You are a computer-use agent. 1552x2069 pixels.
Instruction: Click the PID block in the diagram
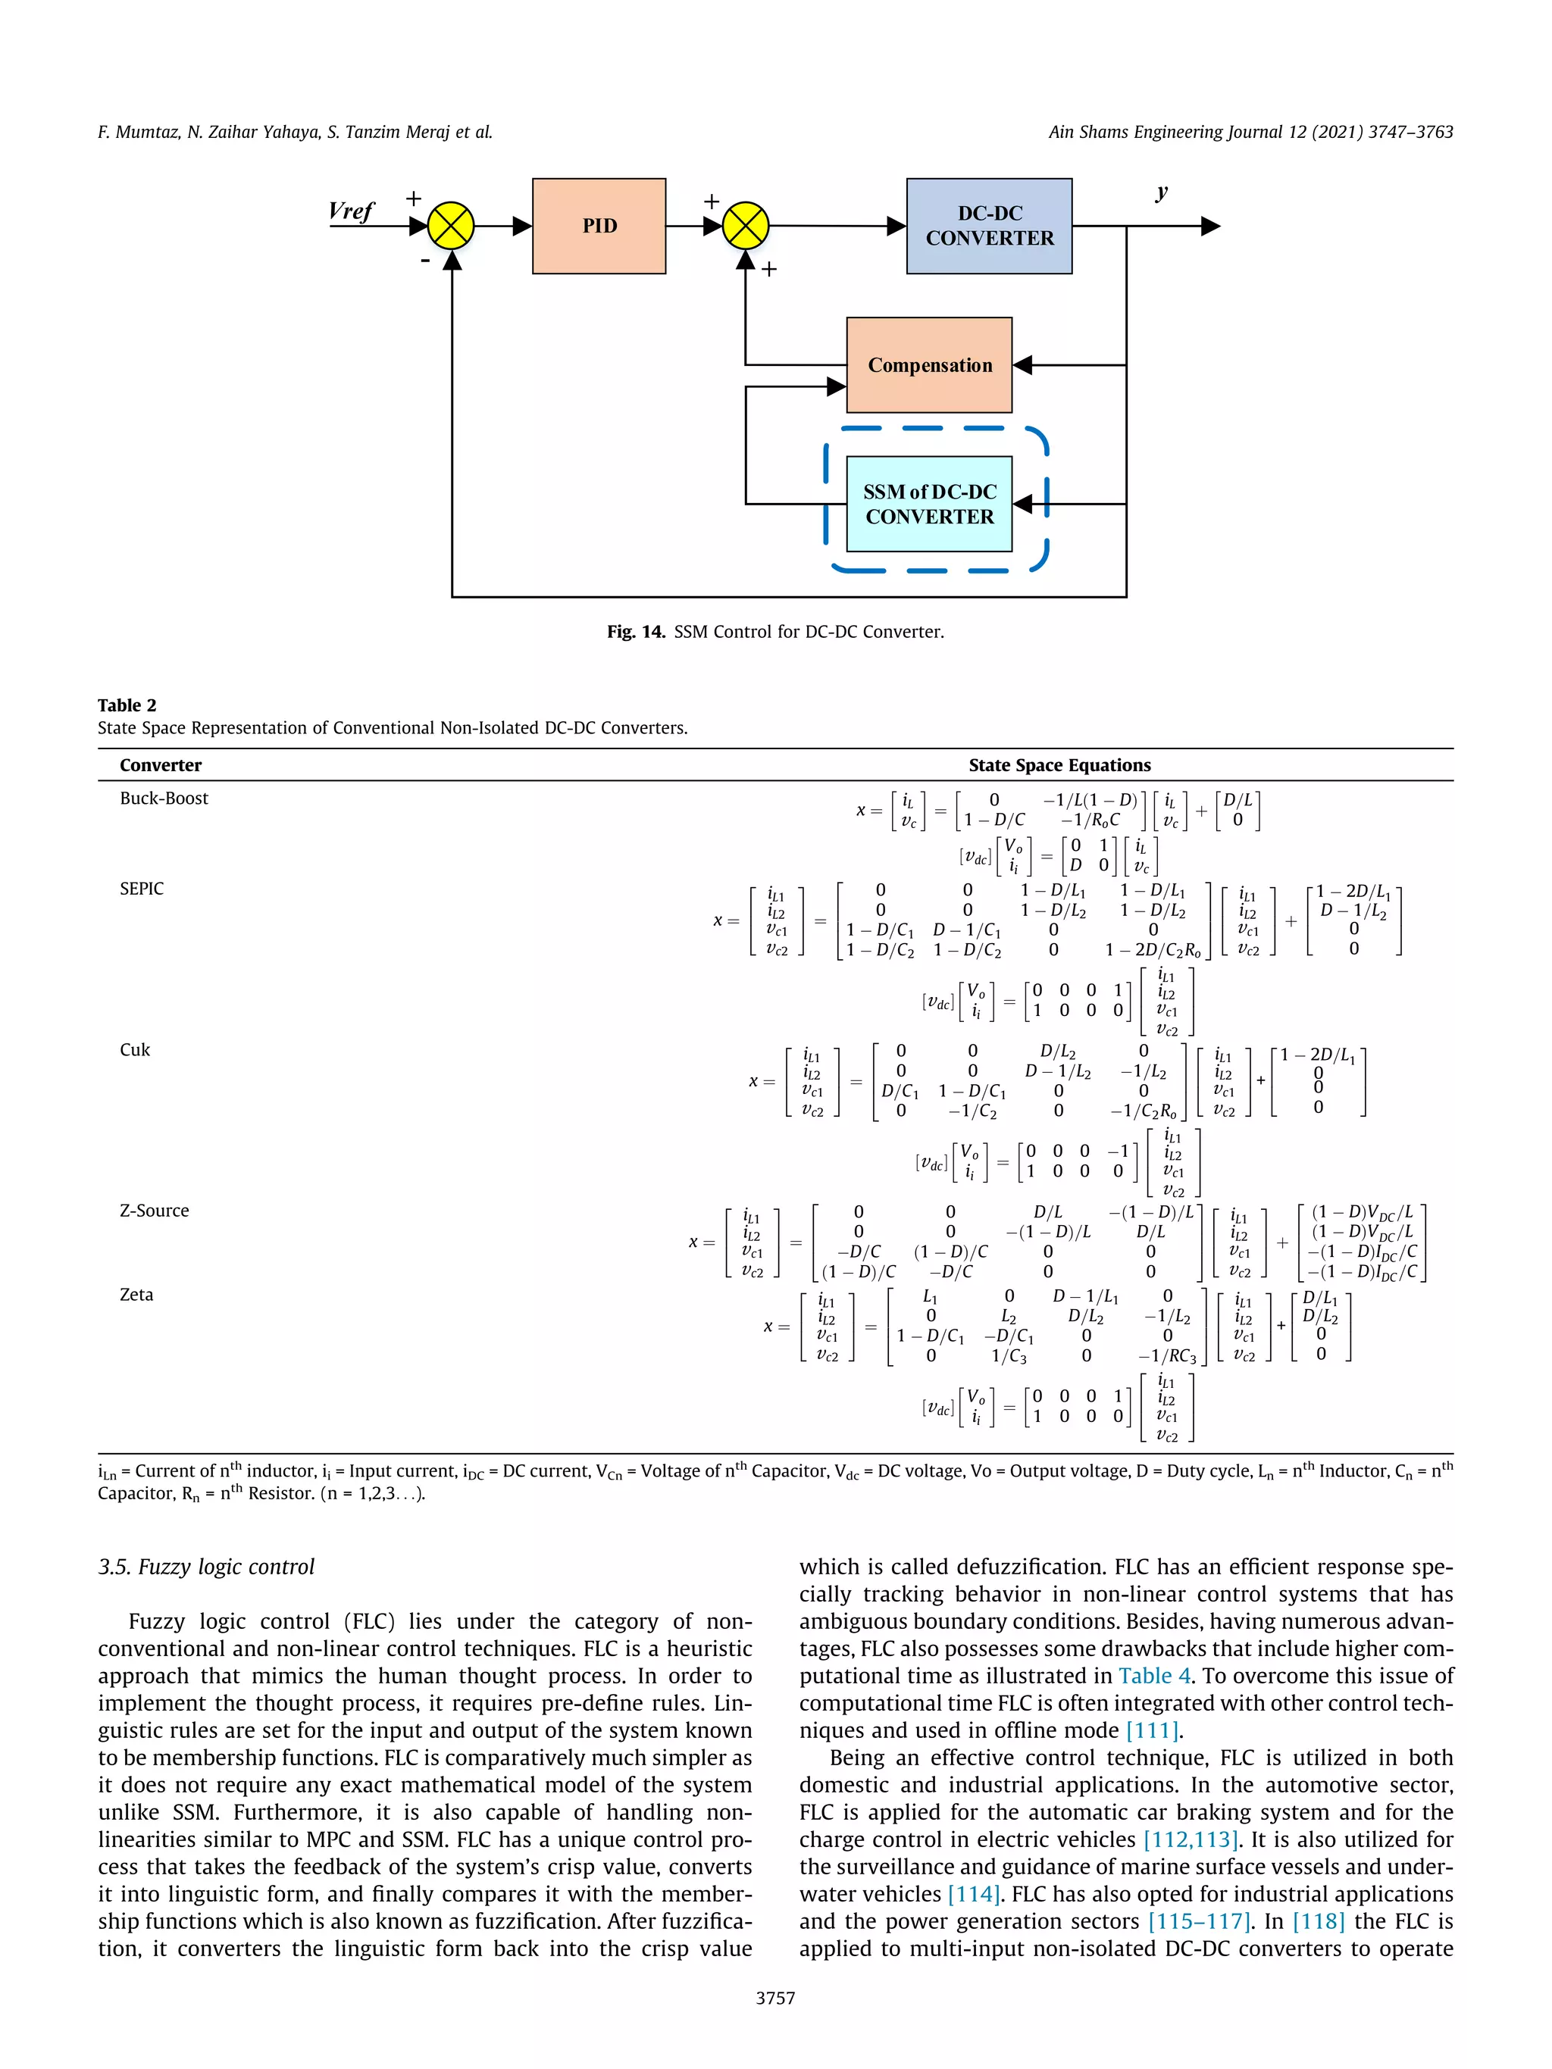599,226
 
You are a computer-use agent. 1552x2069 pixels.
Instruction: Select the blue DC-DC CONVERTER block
989,226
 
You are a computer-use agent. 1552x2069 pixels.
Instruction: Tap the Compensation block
929,365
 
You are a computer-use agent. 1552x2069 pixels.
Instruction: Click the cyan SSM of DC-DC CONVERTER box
929,504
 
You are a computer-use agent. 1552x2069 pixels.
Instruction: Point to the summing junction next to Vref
451,226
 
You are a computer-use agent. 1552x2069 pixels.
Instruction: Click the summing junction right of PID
746,226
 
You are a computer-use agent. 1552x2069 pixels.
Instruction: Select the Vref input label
352,211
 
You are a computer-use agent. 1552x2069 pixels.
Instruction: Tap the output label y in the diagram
1161,192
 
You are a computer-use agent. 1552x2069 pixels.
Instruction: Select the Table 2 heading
127,705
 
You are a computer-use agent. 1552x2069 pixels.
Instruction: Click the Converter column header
160,765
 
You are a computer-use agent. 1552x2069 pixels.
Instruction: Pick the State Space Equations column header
1059,765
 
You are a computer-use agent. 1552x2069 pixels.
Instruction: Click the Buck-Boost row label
164,798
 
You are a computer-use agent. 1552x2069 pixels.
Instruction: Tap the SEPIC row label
141,889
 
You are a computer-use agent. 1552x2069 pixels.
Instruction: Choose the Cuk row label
135,1049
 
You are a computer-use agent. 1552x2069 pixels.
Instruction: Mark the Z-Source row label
155,1211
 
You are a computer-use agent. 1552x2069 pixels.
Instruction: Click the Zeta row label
136,1295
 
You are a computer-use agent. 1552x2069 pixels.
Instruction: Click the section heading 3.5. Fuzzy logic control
206,1567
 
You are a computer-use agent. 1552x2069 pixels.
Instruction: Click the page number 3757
775,1998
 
